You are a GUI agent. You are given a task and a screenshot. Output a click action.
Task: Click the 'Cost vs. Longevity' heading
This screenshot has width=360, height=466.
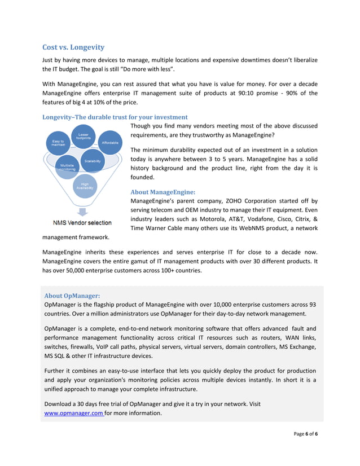tap(73, 47)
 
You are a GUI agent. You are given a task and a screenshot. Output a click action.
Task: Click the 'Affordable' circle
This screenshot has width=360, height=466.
tap(110, 143)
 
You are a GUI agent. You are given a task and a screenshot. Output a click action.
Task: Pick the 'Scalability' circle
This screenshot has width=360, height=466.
tap(93, 161)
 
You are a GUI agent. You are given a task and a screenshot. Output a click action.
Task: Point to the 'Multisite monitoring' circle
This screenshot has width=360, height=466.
tap(67, 167)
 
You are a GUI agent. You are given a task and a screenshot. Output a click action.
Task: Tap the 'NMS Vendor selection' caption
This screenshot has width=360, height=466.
tap(82, 222)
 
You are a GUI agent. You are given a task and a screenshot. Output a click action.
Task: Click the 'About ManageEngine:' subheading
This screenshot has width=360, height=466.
tap(163, 192)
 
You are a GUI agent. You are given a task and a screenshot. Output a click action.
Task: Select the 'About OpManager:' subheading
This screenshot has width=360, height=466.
tap(72, 295)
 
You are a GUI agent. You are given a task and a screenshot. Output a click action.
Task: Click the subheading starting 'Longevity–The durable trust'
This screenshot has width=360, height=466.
tap(115, 117)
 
